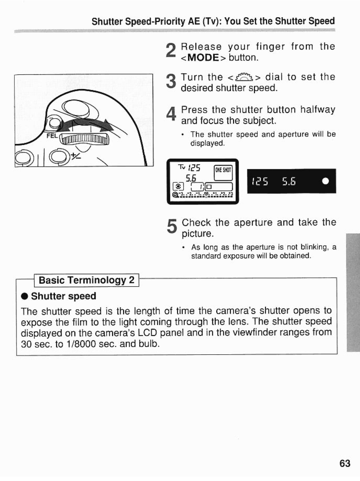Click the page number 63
(345, 463)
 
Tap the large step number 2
(171, 52)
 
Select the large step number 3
(171, 82)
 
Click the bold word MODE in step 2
(203, 58)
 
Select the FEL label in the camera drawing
(52, 136)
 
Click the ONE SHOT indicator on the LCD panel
(223, 170)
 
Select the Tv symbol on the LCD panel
(181, 167)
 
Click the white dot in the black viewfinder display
(325, 181)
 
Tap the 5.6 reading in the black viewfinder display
(289, 181)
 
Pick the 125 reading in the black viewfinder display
(260, 181)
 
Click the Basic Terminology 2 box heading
(87, 280)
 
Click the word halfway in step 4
(317, 110)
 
